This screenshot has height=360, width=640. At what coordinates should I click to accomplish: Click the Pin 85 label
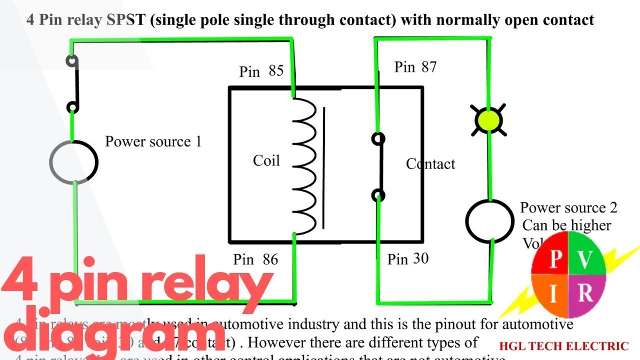[x=261, y=71]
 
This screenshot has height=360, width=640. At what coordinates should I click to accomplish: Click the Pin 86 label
[x=255, y=259]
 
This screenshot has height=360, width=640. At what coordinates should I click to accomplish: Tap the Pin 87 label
[x=415, y=67]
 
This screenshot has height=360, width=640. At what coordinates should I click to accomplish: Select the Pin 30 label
[x=408, y=259]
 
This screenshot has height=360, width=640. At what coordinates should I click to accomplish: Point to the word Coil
[x=266, y=160]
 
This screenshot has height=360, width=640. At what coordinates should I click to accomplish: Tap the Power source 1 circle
[x=74, y=162]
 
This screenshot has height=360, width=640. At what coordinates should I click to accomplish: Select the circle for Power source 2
[x=489, y=220]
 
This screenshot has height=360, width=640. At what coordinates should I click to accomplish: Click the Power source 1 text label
[x=153, y=141]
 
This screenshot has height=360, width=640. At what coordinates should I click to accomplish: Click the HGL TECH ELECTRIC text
[x=563, y=346]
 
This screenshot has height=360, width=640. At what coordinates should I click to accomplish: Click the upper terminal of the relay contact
[x=379, y=138]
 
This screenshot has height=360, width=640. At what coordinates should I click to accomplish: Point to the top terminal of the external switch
[x=73, y=61]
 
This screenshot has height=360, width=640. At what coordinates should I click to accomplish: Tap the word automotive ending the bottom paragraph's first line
[x=537, y=324]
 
